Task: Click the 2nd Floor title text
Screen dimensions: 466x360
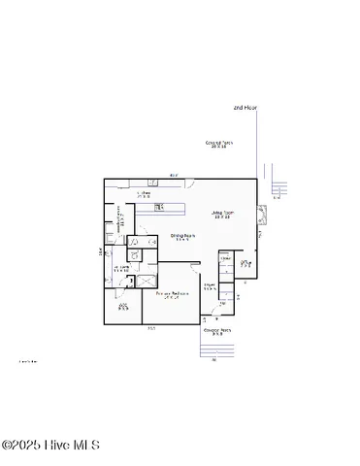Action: coord(245,107)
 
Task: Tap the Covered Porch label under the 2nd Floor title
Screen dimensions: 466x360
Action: coord(218,144)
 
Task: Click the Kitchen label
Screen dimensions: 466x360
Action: coord(144,194)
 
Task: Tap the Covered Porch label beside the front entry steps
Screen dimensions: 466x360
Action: coord(217,332)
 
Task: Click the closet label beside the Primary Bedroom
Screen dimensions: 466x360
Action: coord(123,307)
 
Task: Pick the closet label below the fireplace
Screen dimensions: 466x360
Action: coord(245,262)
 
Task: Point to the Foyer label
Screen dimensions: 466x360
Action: coord(209,285)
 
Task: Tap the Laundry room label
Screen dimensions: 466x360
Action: coord(122,268)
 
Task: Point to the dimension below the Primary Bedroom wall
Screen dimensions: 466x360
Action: coord(151,329)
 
